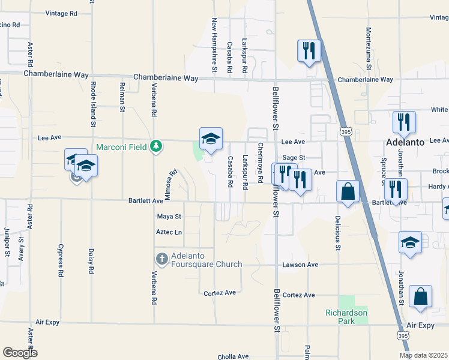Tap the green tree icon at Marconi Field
(x=156, y=146)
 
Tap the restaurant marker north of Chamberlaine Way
(x=309, y=51)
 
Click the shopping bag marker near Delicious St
(x=348, y=192)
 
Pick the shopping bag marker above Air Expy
(x=421, y=296)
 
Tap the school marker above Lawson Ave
(x=410, y=242)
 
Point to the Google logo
(x=20, y=353)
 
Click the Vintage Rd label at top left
(x=61, y=13)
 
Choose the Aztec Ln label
(x=169, y=232)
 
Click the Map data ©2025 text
(x=423, y=355)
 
